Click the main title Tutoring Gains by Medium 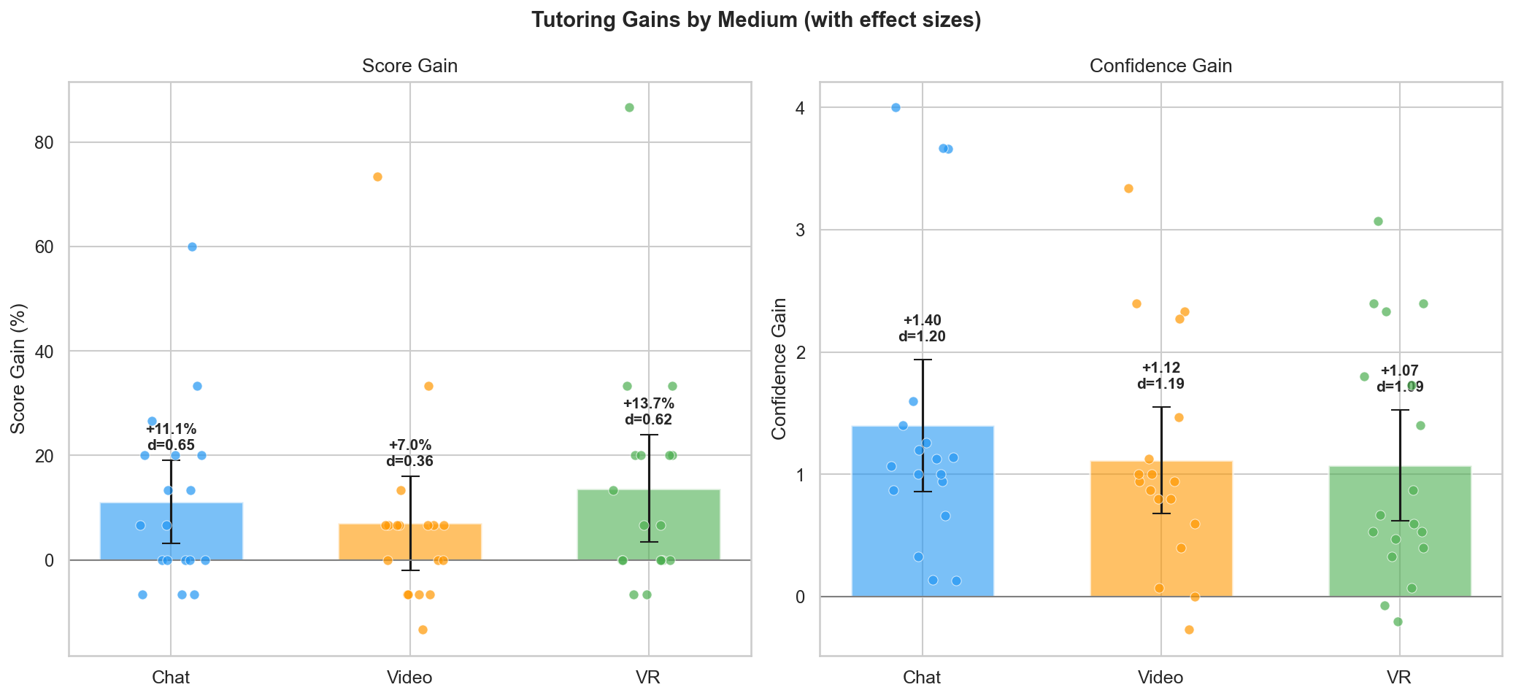pyautogui.click(x=756, y=20)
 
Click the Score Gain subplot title pyautogui.click(x=409, y=66)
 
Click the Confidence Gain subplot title pyautogui.click(x=1160, y=66)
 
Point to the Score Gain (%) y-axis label pyautogui.click(x=18, y=368)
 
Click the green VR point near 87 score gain pyautogui.click(x=629, y=108)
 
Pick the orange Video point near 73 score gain pyautogui.click(x=377, y=177)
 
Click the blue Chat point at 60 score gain pyautogui.click(x=192, y=247)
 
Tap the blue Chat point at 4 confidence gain pyautogui.click(x=896, y=108)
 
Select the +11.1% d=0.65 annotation pyautogui.click(x=171, y=437)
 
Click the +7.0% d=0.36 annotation pyautogui.click(x=409, y=453)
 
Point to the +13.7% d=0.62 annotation pyautogui.click(x=648, y=411)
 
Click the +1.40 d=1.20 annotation pyautogui.click(x=922, y=328)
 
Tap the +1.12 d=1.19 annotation pyautogui.click(x=1160, y=376)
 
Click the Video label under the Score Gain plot pyautogui.click(x=409, y=678)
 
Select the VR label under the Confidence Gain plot pyautogui.click(x=1399, y=678)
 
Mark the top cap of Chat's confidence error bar pyautogui.click(x=923, y=360)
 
